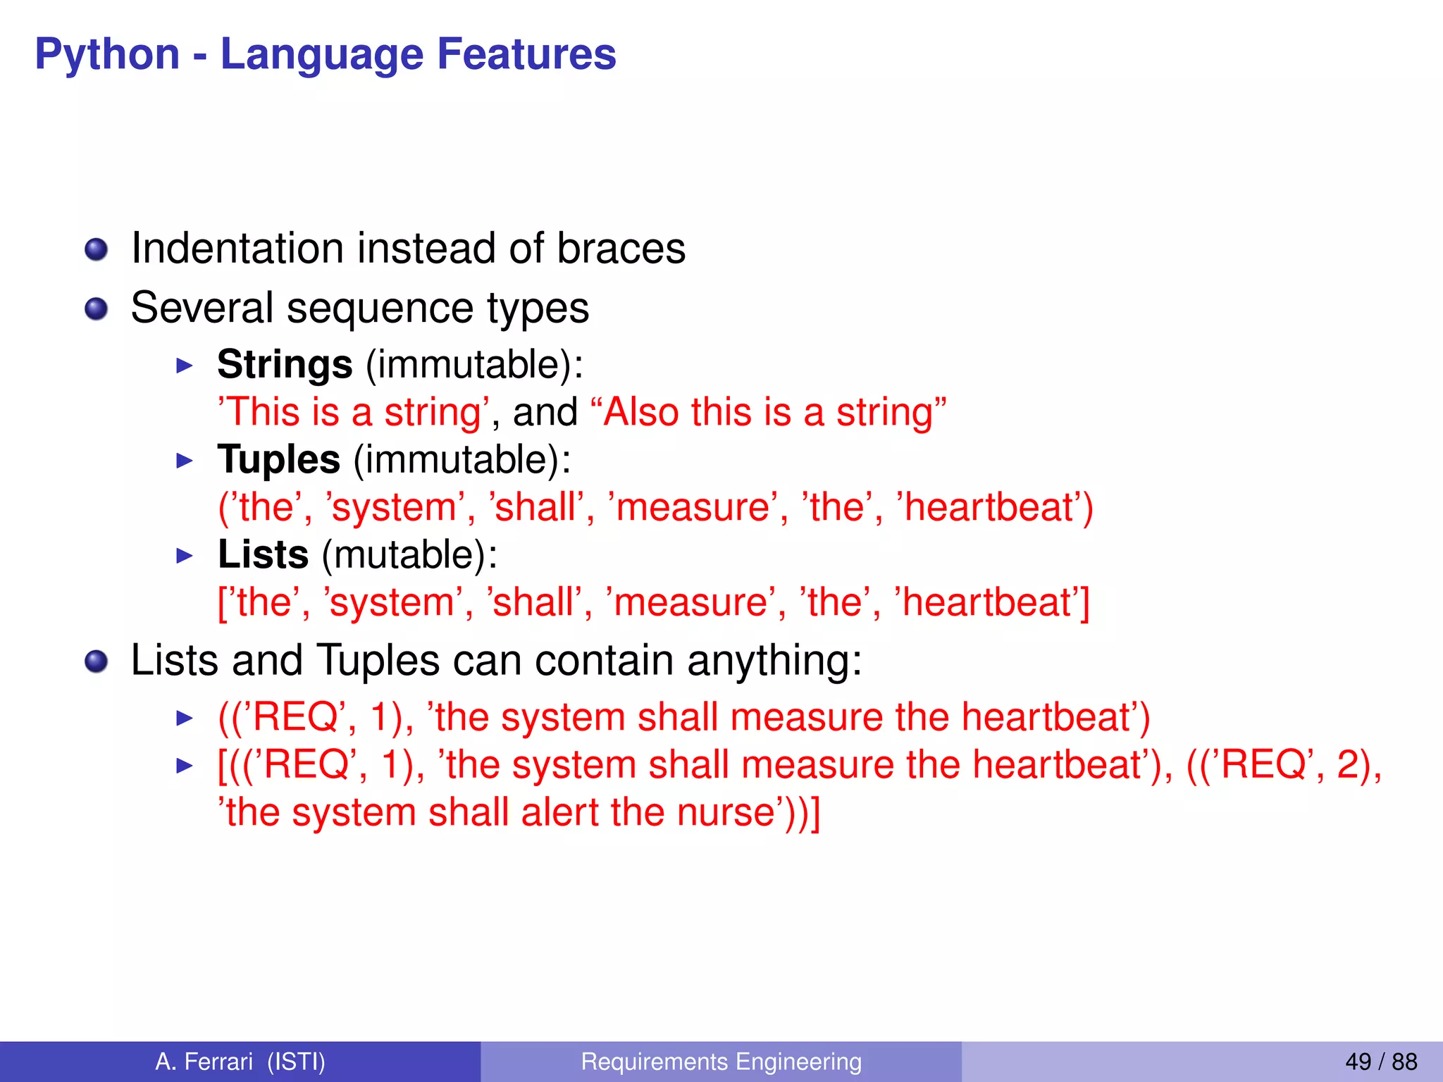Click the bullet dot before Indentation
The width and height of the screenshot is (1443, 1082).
[x=96, y=249]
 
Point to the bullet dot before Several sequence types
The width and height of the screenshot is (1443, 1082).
[x=96, y=309]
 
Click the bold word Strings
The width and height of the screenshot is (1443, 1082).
[x=285, y=365]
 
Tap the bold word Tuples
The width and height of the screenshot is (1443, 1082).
[x=279, y=460]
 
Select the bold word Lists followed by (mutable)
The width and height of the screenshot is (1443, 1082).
[x=263, y=555]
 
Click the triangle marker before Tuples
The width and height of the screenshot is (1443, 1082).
[x=184, y=461]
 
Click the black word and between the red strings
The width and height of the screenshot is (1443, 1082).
[x=545, y=412]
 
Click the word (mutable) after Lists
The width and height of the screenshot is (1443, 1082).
[x=409, y=555]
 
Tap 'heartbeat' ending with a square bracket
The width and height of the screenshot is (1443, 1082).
[x=993, y=603]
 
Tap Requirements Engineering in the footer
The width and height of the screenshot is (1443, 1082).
[x=721, y=1062]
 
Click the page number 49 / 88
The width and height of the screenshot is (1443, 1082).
[x=1380, y=1062]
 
